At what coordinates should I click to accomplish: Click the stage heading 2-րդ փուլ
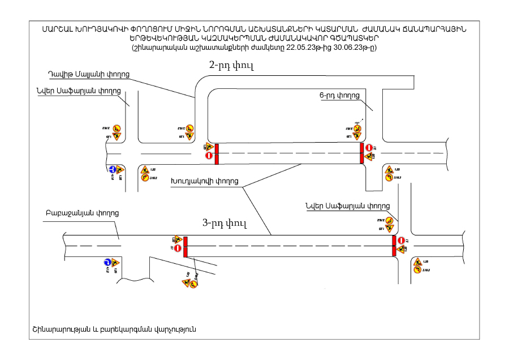click(231, 66)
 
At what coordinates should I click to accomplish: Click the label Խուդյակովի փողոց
click(204, 182)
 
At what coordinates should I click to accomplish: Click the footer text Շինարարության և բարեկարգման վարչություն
click(114, 329)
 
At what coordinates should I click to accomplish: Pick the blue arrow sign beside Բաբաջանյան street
click(106, 263)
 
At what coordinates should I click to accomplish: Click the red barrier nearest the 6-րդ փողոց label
click(362, 153)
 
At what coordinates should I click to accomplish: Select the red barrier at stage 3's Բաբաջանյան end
click(186, 247)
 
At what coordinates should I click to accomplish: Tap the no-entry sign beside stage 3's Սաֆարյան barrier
click(401, 240)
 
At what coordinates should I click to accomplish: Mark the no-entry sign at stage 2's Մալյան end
click(208, 155)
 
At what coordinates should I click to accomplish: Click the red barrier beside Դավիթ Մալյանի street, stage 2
click(216, 153)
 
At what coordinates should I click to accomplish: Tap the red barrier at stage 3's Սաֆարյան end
click(394, 246)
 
